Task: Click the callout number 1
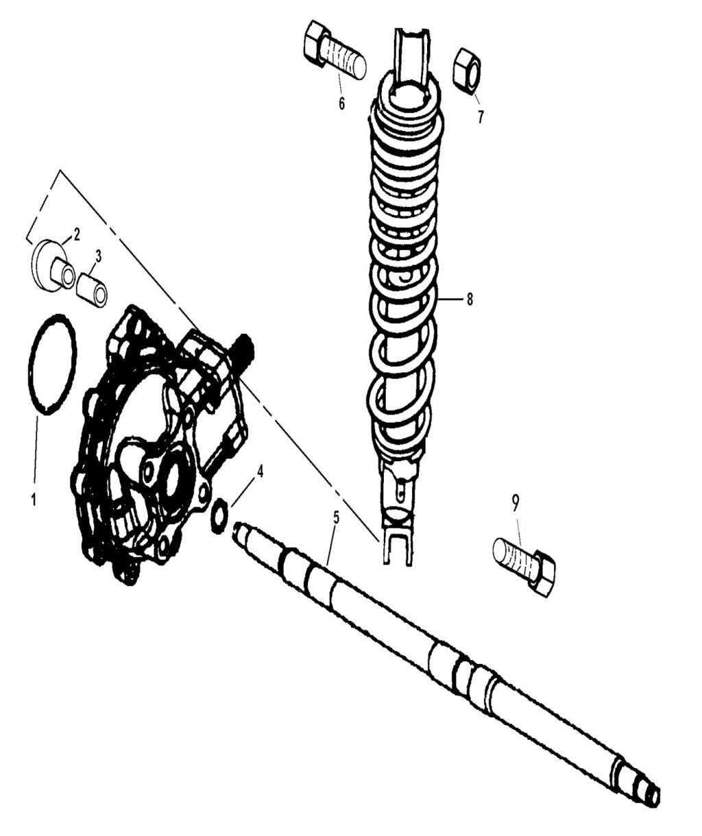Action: (x=33, y=499)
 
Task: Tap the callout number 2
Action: (x=77, y=235)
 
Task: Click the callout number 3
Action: (x=98, y=256)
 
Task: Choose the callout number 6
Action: (x=341, y=104)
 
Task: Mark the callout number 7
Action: (x=481, y=117)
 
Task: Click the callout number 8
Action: (x=470, y=299)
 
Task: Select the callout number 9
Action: (x=516, y=502)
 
